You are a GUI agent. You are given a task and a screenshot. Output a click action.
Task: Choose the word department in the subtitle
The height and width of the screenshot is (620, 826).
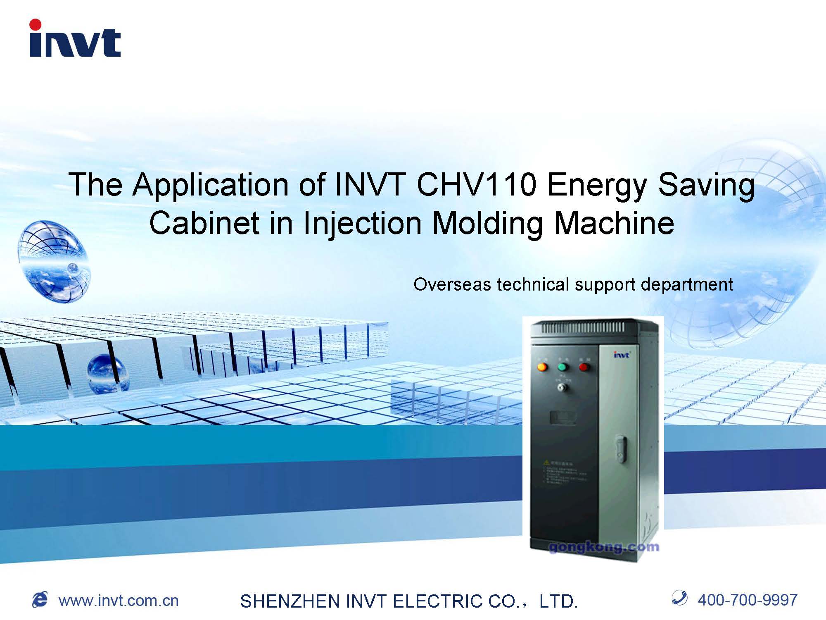(x=686, y=285)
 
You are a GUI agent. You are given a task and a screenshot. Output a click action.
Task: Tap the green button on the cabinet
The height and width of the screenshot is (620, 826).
(x=563, y=367)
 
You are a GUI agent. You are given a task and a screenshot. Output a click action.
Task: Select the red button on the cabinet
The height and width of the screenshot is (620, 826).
(x=584, y=367)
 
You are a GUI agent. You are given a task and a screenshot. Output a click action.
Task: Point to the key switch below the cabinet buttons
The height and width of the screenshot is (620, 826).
(x=562, y=388)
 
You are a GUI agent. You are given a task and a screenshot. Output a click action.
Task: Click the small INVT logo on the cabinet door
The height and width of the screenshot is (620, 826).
(x=621, y=355)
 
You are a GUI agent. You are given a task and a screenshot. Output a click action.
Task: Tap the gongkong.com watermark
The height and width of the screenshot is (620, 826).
(x=603, y=547)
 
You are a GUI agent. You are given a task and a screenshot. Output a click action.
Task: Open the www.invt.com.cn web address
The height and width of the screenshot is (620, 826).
(x=119, y=601)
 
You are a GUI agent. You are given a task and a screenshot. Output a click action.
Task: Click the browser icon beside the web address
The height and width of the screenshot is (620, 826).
(x=40, y=600)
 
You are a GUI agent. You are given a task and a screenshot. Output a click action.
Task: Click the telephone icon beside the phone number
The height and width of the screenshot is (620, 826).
(x=679, y=598)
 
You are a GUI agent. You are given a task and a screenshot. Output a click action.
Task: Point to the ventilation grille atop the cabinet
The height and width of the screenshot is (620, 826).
(x=583, y=328)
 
